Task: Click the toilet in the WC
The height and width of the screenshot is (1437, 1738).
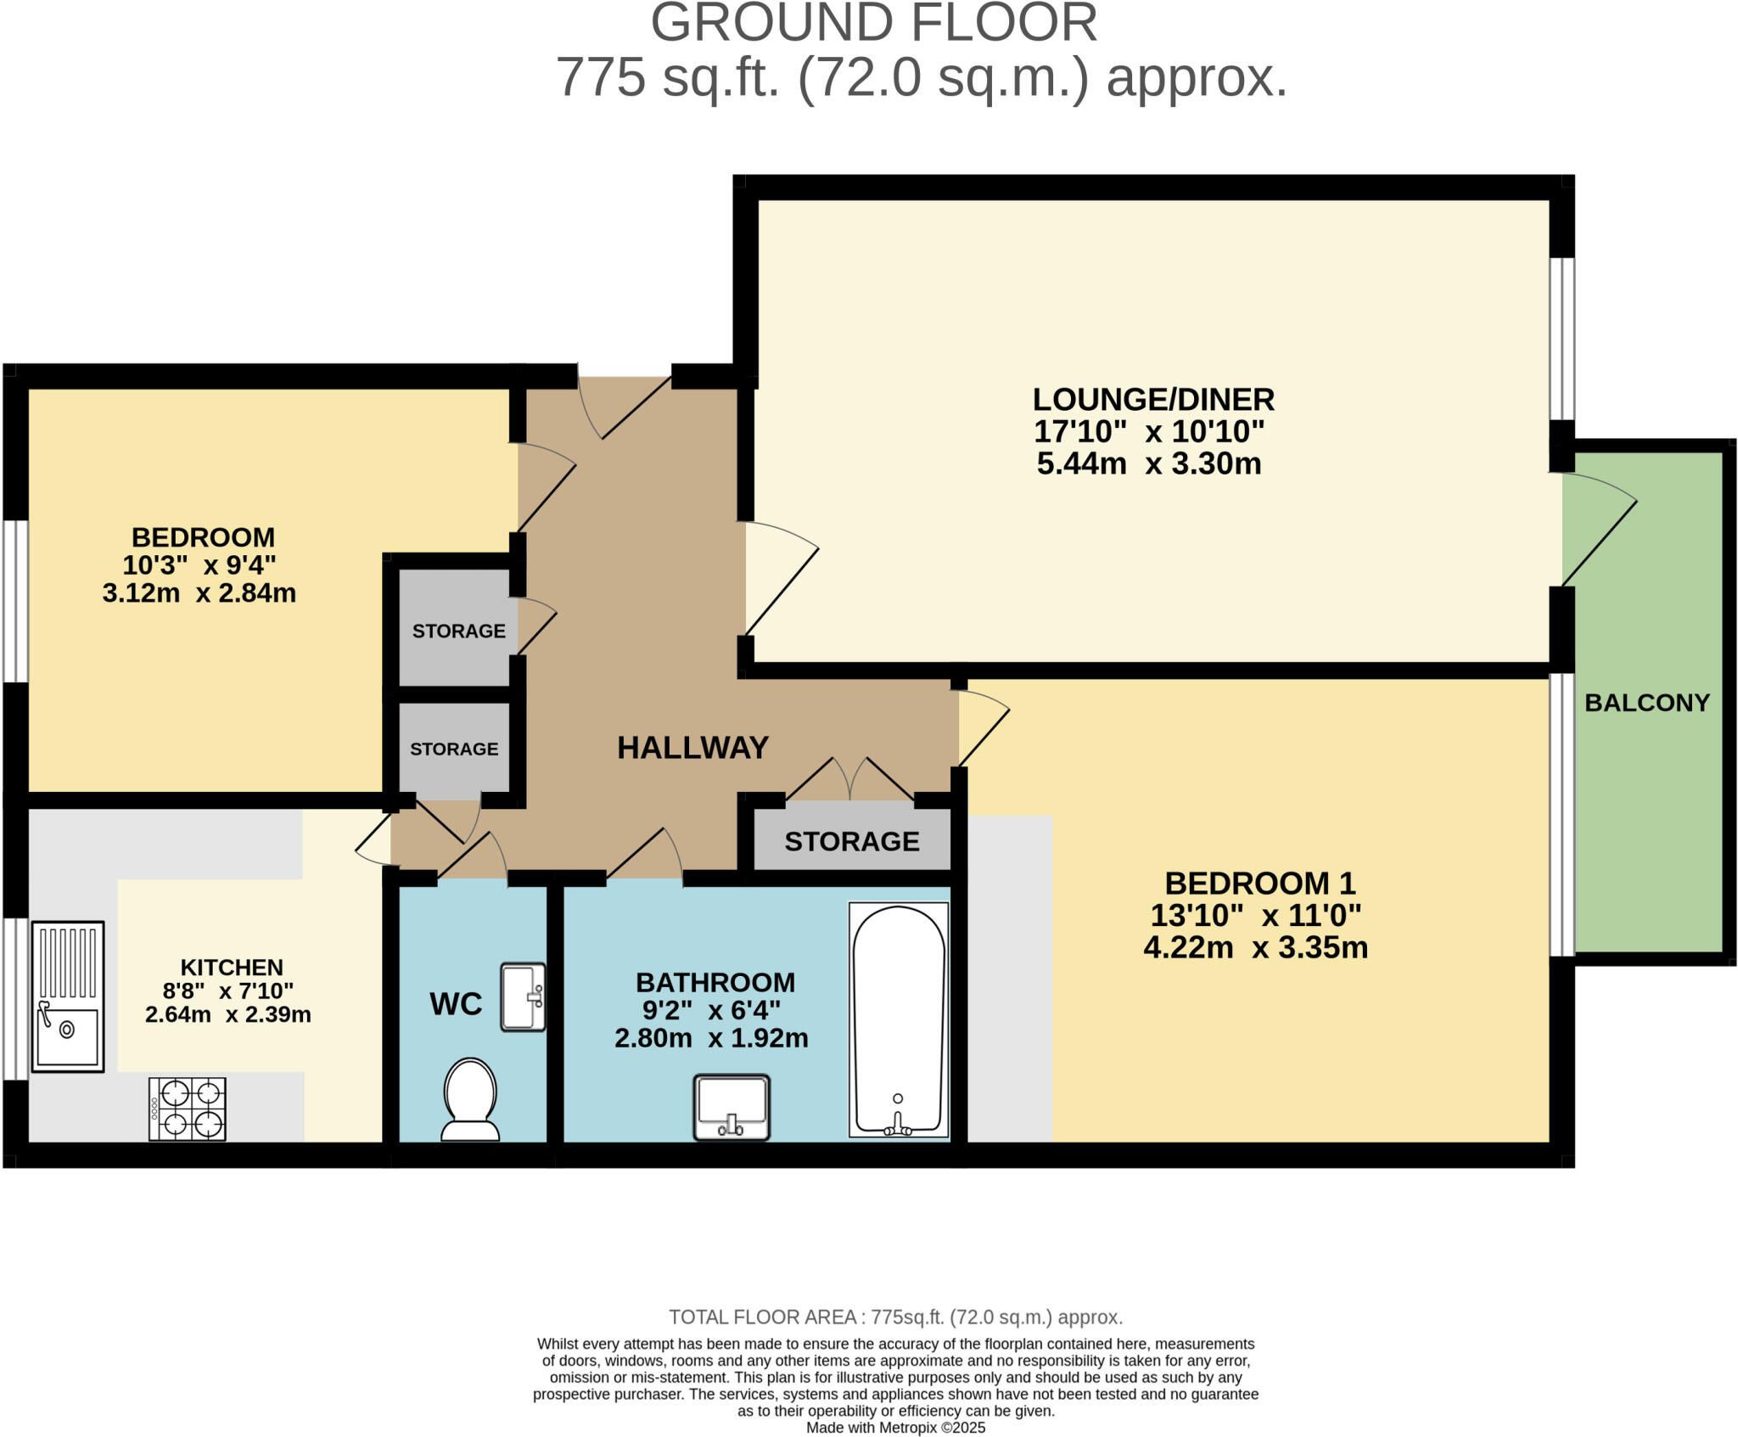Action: [470, 1098]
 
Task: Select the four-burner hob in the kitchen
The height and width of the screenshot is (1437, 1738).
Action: [188, 1109]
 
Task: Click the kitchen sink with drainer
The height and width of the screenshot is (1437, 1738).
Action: [68, 996]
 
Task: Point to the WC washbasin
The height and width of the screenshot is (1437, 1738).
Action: [522, 996]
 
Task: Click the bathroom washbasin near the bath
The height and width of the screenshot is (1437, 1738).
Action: [732, 1107]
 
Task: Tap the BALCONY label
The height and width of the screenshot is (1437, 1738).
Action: [1646, 703]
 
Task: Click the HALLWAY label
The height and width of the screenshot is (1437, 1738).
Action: [692, 748]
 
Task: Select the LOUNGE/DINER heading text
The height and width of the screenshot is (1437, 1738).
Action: [1152, 399]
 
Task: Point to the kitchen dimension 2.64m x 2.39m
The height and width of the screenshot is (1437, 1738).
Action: [227, 1014]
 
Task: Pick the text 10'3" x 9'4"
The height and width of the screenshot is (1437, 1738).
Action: [199, 564]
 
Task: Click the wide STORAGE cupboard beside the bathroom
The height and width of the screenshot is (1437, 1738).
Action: [851, 841]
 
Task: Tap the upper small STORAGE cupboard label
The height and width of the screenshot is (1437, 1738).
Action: [458, 631]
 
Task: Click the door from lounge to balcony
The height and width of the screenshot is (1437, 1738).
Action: [1598, 530]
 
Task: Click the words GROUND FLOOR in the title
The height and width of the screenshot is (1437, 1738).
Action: [873, 23]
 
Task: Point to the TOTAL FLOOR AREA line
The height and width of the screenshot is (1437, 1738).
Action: [895, 1317]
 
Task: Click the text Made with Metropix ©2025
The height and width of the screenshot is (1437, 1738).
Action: [895, 1428]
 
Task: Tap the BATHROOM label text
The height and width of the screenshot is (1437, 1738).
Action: [715, 983]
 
